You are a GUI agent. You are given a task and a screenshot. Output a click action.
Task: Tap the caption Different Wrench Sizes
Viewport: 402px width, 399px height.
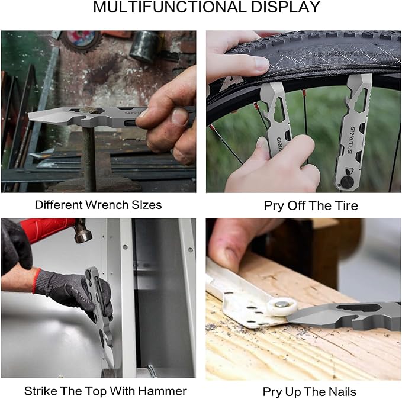click(98, 205)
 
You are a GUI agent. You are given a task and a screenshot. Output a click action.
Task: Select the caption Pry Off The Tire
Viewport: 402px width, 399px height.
click(303, 205)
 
